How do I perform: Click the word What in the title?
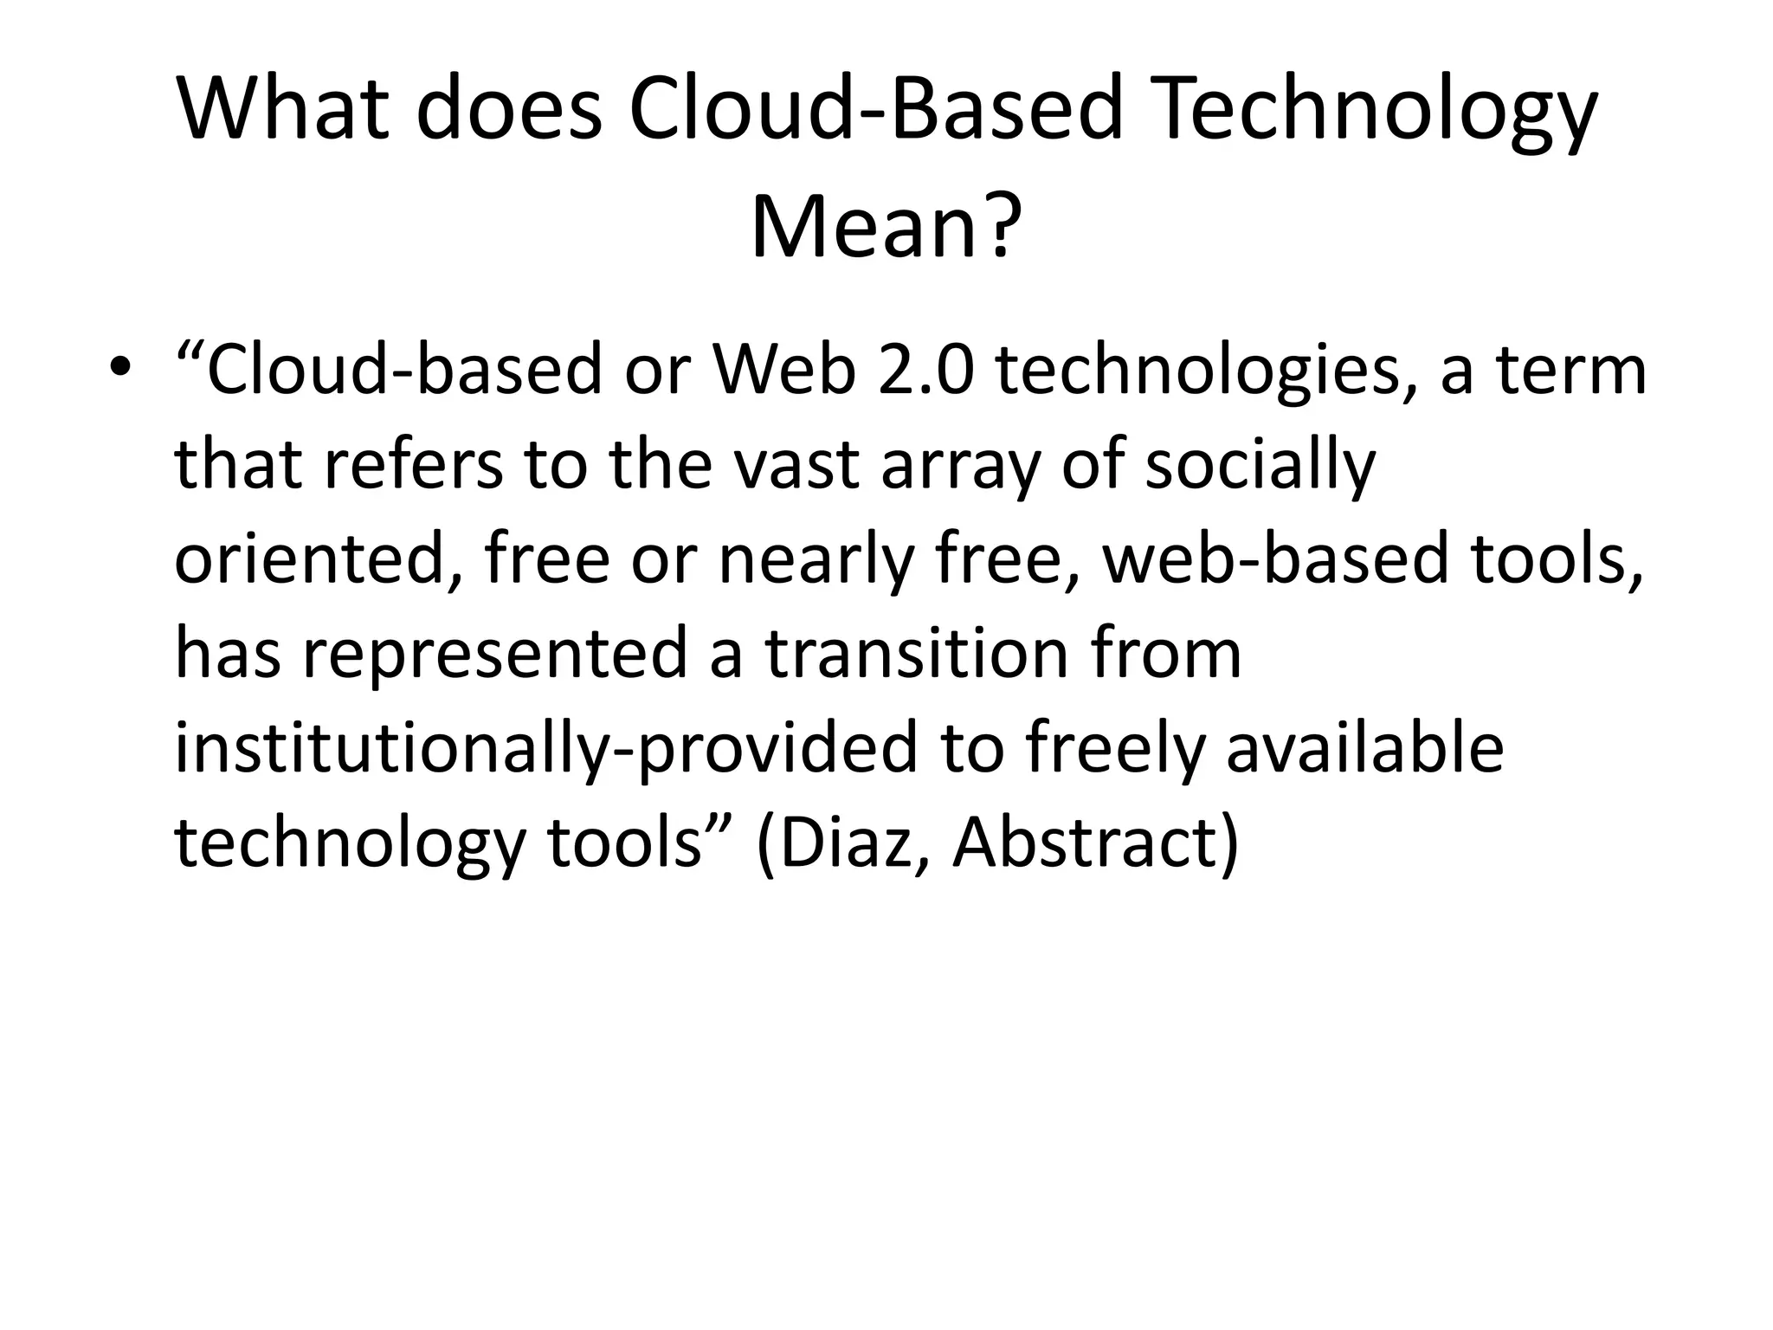[x=282, y=110]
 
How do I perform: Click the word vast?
[x=797, y=464]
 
